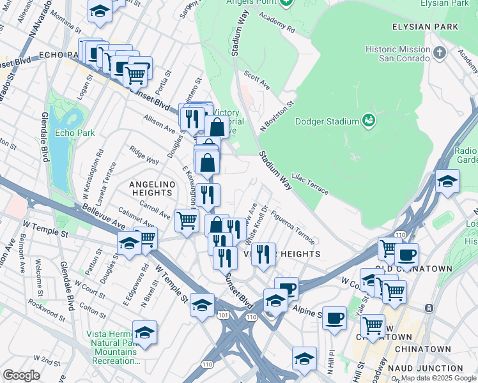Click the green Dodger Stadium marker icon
pos(368,119)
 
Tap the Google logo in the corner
pos(21,375)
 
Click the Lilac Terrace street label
pos(310,183)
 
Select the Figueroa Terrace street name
pos(292,228)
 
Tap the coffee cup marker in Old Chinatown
pos(406,255)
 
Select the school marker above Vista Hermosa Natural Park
pos(145,332)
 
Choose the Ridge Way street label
pos(144,157)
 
